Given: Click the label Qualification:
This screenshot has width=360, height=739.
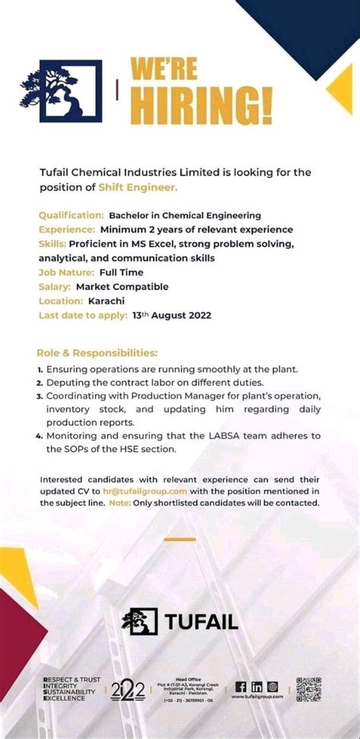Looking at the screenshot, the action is (x=71, y=216).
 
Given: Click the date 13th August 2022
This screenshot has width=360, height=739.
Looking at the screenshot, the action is (x=172, y=315).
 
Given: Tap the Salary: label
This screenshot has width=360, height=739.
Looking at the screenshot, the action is (x=55, y=286).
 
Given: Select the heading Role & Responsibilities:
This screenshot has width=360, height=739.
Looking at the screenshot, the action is (x=97, y=352).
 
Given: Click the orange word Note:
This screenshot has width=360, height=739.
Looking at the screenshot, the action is (x=119, y=503).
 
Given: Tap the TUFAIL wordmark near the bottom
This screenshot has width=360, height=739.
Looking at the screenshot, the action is (x=201, y=622).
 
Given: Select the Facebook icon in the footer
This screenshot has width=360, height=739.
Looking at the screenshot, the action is (x=240, y=686).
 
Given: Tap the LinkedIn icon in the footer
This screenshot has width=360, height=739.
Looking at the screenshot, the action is (x=256, y=686).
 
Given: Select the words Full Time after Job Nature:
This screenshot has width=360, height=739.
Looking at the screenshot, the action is (x=121, y=272).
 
